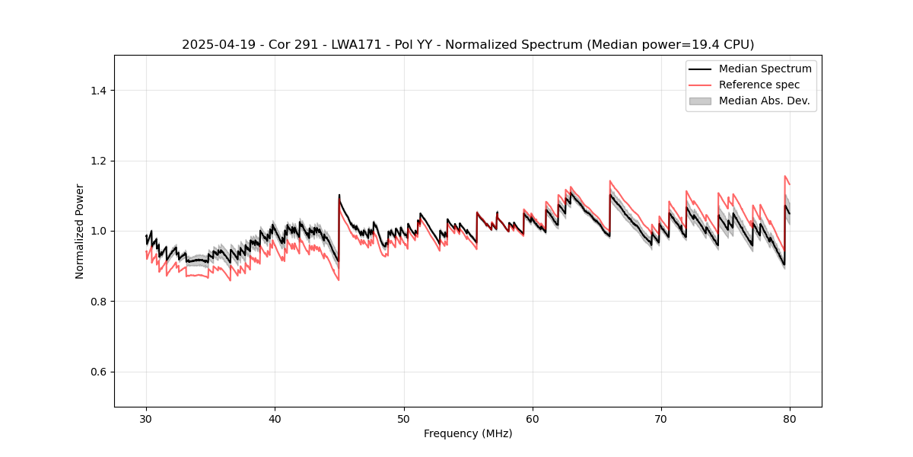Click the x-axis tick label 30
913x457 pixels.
pyautogui.click(x=146, y=419)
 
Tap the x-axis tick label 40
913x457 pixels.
pyautogui.click(x=275, y=419)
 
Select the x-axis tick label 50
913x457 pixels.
pyautogui.click(x=404, y=419)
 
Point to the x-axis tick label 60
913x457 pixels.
pyautogui.click(x=533, y=419)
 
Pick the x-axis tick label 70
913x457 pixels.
pyautogui.click(x=661, y=419)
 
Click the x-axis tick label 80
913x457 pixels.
pyautogui.click(x=790, y=419)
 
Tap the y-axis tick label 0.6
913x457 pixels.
pyautogui.click(x=98, y=372)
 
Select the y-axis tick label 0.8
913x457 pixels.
pyautogui.click(x=98, y=302)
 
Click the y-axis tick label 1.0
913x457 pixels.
pyautogui.click(x=98, y=231)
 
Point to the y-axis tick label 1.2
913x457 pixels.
pyautogui.click(x=98, y=161)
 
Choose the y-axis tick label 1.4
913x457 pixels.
pyautogui.click(x=98, y=91)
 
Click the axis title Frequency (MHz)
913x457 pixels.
pyautogui.click(x=468, y=433)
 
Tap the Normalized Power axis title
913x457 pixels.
pyautogui.click(x=80, y=231)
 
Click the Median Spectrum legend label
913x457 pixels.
pyautogui.click(x=765, y=69)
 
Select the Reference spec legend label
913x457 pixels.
pyautogui.click(x=759, y=85)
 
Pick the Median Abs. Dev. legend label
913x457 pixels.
pyautogui.click(x=764, y=101)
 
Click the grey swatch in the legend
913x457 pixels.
pyautogui.click(x=700, y=101)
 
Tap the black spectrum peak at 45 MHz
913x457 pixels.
pyautogui.click(x=339, y=195)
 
